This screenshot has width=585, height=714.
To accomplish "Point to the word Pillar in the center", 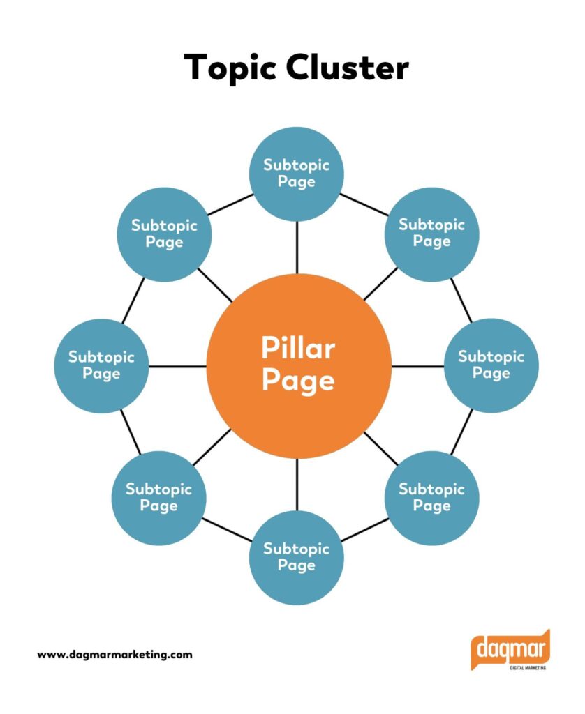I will click(x=298, y=348).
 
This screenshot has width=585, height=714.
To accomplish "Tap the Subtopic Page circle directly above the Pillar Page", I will click(x=297, y=174).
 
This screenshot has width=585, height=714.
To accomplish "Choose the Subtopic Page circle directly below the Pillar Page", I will click(x=297, y=557).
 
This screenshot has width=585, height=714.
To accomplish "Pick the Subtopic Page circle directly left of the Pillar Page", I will click(x=101, y=365).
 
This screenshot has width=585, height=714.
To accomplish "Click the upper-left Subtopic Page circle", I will click(x=164, y=234).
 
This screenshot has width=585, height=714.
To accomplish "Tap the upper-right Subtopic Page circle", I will click(x=431, y=234).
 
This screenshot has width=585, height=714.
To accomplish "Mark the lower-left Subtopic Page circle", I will click(x=158, y=497).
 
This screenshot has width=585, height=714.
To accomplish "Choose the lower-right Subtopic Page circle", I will click(x=431, y=497).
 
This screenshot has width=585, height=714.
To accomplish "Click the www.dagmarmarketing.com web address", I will click(x=114, y=655).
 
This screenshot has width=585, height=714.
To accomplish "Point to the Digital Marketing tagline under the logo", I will click(x=522, y=667).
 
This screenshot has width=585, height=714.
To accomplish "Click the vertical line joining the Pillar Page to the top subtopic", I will click(x=297, y=248).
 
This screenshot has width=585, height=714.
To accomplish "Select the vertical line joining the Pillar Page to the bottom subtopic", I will click(x=297, y=484).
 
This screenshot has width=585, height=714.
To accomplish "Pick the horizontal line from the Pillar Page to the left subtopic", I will click(x=177, y=366).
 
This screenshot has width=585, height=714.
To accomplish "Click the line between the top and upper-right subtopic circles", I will click(x=365, y=204).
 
